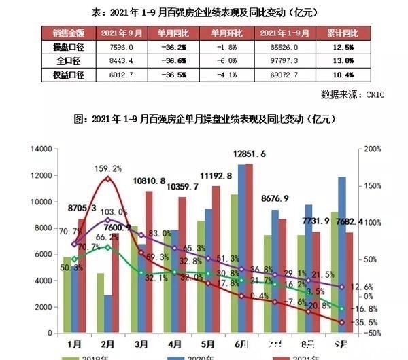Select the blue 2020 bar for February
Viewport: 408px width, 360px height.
pos(107,314)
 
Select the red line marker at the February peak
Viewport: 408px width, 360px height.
pos(107,179)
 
